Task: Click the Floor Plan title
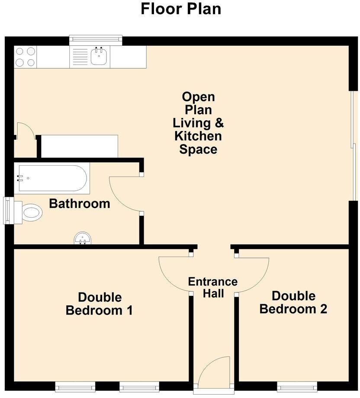(x=181, y=9)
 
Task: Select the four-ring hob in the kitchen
(x=25, y=57)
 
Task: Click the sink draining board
(x=80, y=57)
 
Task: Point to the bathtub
(x=52, y=178)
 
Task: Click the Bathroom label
(x=80, y=203)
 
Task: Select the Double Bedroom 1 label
(x=100, y=304)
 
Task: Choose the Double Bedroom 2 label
(x=293, y=302)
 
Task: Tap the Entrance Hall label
(x=213, y=288)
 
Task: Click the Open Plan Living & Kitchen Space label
(x=199, y=123)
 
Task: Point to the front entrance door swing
(x=215, y=370)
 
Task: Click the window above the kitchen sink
(x=96, y=39)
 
